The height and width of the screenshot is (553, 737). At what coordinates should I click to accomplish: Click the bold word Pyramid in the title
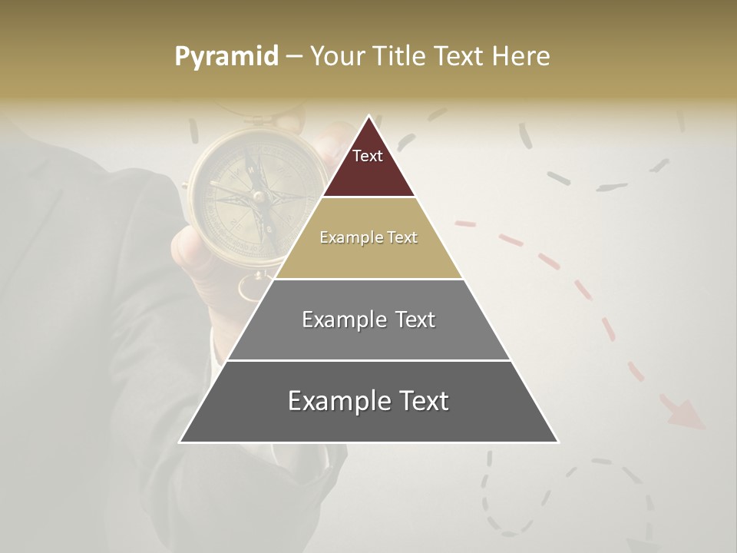pos(226,57)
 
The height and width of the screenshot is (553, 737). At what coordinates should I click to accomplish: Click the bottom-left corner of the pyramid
pos(181,441)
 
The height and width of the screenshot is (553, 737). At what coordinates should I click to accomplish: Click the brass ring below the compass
pos(252,289)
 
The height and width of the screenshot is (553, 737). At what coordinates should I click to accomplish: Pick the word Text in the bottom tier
pos(422,401)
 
